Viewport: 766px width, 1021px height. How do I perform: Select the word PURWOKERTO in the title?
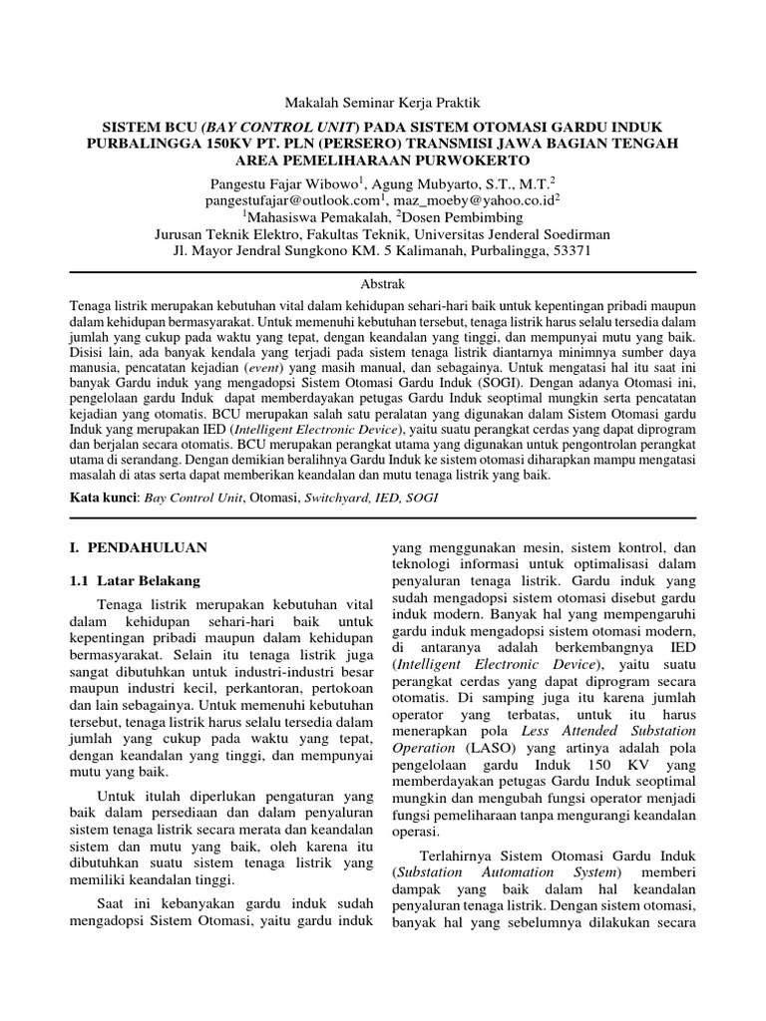coord(476,160)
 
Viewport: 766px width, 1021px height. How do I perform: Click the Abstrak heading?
coord(382,284)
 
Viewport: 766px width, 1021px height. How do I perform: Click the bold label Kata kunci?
coord(104,496)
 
